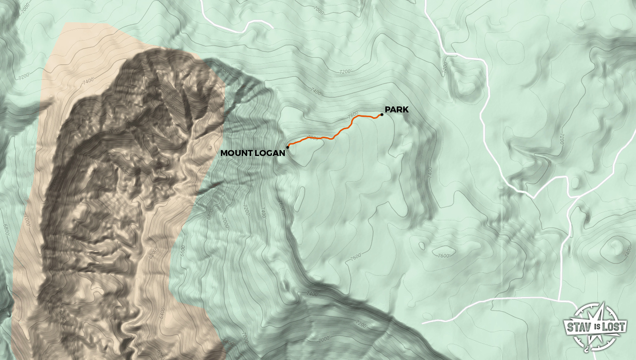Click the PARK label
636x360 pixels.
(397, 109)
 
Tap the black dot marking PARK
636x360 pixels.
(382, 115)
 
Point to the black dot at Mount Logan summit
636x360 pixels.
(288, 147)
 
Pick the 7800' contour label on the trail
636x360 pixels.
(312, 138)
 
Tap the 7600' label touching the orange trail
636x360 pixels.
(353, 115)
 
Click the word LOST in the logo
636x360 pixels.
(614, 327)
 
